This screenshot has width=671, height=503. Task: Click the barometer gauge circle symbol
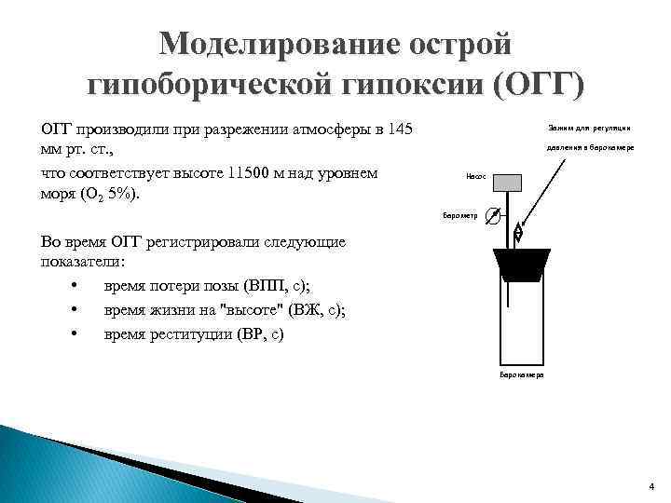493,216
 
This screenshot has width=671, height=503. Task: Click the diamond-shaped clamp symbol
519,233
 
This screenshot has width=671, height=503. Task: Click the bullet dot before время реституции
73,333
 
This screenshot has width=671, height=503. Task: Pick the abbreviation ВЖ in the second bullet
305,309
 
